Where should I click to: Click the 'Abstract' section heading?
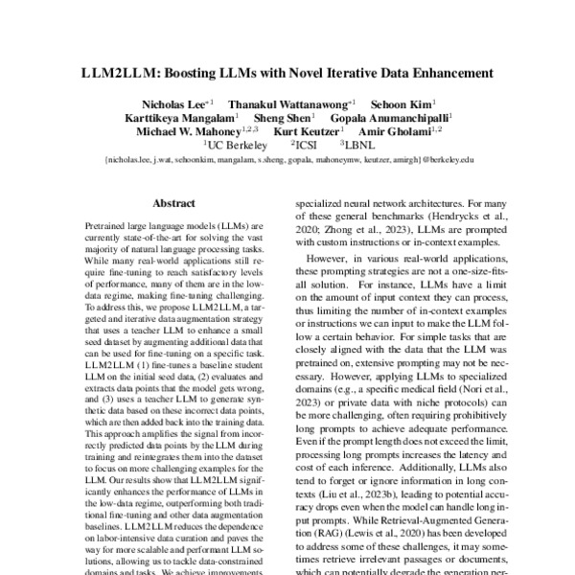pyautogui.click(x=174, y=204)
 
